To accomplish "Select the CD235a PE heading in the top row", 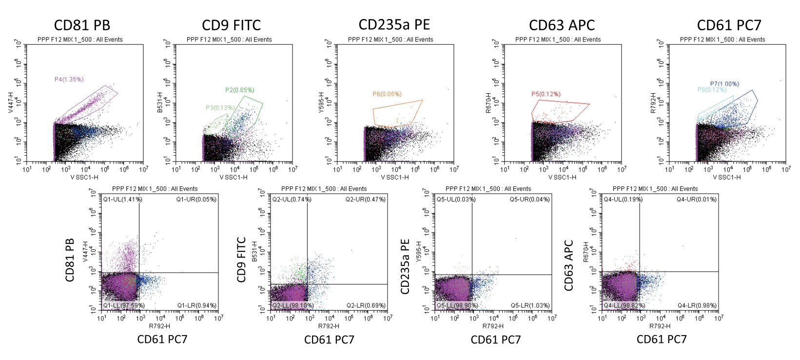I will pos(394,24).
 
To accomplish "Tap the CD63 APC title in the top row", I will pos(562,25).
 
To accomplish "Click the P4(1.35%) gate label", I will pos(69,79).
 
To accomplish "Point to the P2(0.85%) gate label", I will pos(239,90).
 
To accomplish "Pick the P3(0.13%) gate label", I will pos(219,108).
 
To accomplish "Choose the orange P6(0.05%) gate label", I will pos(388,94).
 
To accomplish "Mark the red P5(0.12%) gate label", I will pos(546,94).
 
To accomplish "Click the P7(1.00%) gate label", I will pos(724,84).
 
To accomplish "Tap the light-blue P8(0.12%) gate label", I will pos(712,90).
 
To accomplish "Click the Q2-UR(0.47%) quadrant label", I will pos(365,200).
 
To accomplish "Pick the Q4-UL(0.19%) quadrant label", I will pos(623,200).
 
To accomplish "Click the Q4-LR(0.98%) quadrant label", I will pos(697,306).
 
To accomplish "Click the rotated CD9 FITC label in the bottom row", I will pos(241,260).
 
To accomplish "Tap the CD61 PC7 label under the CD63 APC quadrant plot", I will pos(661,340).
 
